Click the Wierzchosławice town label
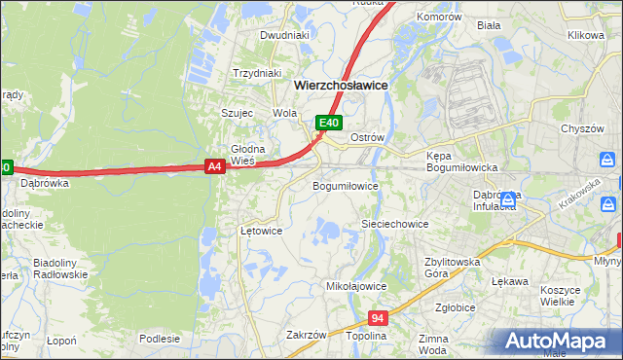tap(341, 86)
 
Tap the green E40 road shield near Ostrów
tap(330, 123)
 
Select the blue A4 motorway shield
tap(216, 166)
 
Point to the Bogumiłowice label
tap(345, 185)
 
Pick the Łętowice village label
tap(261, 232)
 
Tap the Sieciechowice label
tap(395, 224)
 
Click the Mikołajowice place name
tap(356, 287)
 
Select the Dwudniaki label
tap(284, 35)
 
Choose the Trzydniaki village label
tap(257, 73)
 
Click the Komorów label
tap(438, 18)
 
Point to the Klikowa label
tap(586, 35)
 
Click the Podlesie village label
tap(160, 339)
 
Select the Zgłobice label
tap(456, 306)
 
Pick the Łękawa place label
tap(510, 281)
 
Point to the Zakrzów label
tap(306, 335)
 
